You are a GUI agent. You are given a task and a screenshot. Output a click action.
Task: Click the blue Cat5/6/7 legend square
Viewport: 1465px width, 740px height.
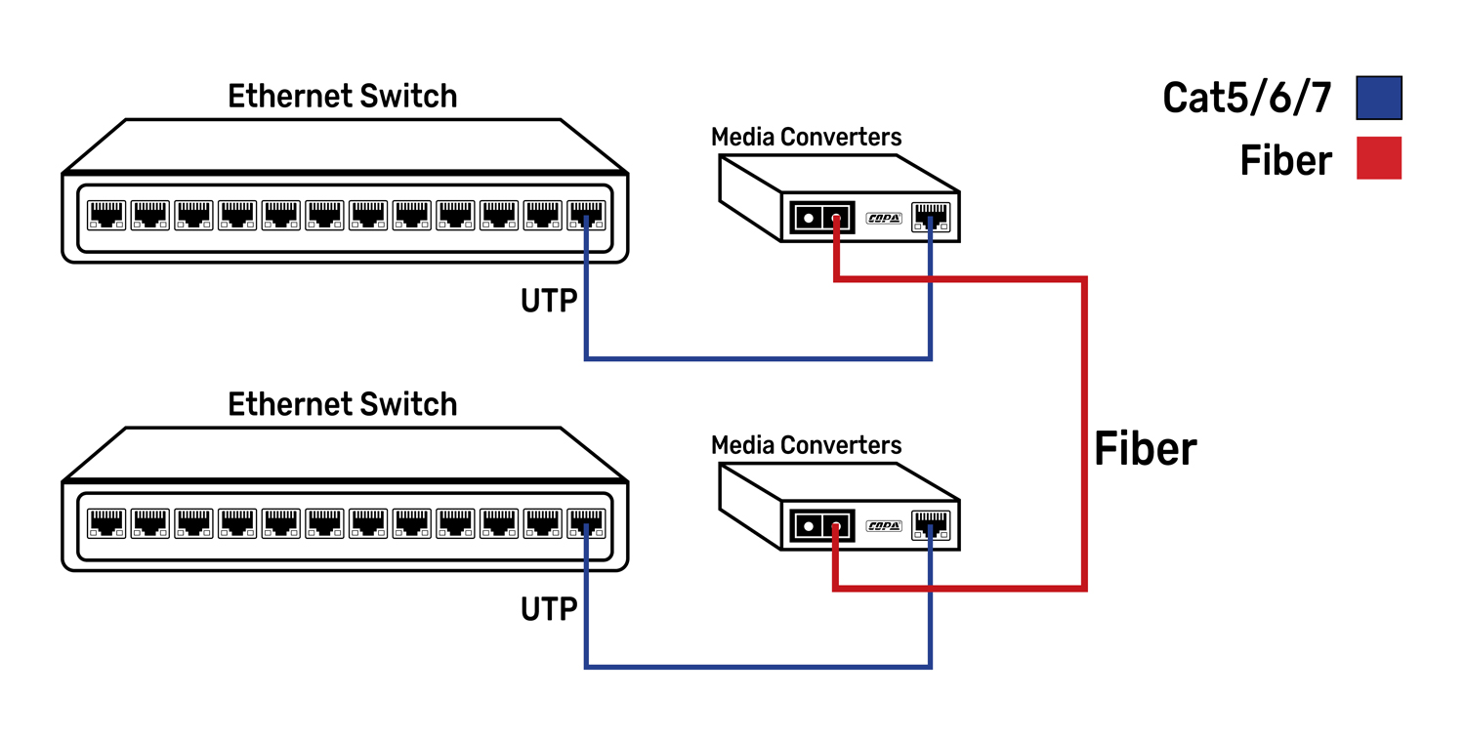click(x=1379, y=98)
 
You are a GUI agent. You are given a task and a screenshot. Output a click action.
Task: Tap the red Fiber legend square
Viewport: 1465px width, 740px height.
click(x=1379, y=158)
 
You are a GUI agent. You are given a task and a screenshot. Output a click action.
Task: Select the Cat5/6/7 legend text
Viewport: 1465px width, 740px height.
click(x=1247, y=98)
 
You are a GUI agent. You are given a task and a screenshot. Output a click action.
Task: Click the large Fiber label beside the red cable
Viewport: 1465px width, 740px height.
click(x=1145, y=449)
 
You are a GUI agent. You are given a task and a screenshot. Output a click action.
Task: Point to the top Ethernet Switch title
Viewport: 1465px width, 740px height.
click(x=342, y=96)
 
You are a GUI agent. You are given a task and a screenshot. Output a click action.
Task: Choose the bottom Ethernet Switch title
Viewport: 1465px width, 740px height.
click(x=342, y=404)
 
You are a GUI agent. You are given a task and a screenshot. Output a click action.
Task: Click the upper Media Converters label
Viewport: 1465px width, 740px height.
click(x=806, y=137)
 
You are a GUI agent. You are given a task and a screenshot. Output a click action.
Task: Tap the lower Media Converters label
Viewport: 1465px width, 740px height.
click(x=806, y=445)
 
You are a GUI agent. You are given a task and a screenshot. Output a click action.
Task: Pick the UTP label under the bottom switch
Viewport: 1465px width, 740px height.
click(x=549, y=610)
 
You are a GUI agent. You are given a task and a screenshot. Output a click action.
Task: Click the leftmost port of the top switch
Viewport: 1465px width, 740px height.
click(x=106, y=215)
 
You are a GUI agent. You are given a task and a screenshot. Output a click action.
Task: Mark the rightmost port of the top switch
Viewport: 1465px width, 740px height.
click(x=586, y=215)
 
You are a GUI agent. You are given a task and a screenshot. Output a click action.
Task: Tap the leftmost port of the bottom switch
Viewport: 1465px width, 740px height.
click(x=106, y=523)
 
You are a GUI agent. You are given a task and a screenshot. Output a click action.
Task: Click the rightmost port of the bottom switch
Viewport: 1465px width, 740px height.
click(x=586, y=523)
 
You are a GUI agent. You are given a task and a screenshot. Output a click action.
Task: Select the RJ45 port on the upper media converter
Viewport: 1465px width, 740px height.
click(x=930, y=217)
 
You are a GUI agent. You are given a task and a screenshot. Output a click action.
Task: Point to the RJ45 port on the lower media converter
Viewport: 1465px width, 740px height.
click(x=930, y=525)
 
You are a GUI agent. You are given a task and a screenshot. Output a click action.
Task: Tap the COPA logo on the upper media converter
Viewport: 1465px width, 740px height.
click(x=884, y=218)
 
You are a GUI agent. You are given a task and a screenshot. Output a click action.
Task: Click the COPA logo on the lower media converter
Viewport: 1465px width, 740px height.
click(x=884, y=526)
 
